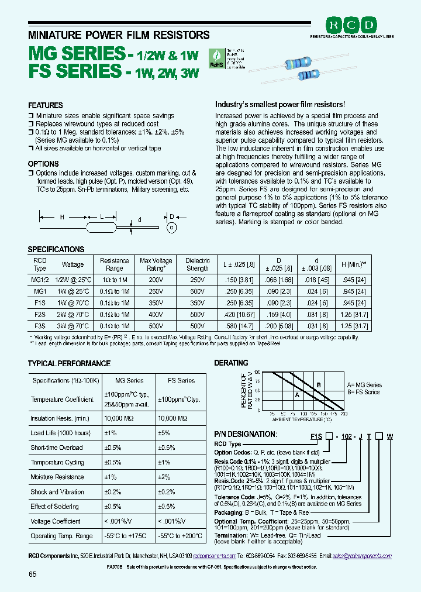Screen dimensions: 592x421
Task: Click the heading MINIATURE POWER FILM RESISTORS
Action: pos(119,35)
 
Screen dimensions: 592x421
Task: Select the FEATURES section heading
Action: pos(45,105)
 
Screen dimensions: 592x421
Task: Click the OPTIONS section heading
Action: pos(43,164)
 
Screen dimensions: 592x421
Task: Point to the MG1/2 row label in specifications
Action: pos(40,281)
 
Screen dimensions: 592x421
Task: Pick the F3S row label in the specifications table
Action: pos(40,325)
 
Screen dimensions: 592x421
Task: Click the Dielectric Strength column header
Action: pos(197,264)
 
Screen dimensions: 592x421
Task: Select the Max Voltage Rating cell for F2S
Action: pos(156,314)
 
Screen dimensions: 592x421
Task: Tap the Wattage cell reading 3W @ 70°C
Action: pos(73,325)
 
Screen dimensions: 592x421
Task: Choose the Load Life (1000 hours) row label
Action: pos(60,433)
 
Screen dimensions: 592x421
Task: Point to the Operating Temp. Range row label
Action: pos(61,536)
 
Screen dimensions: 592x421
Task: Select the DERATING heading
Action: pos(231,363)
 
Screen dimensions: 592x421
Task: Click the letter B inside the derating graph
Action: pos(318,385)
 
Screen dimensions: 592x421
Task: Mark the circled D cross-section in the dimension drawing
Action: pos(172,227)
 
